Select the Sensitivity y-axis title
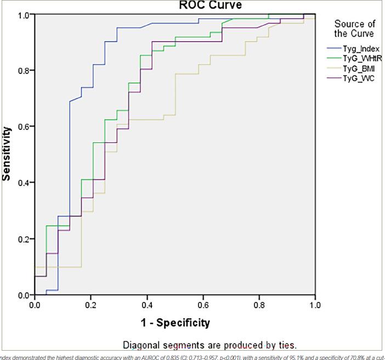8,154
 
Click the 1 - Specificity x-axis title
174,322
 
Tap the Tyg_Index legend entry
361,49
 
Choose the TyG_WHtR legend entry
363,59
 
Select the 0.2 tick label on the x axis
90,304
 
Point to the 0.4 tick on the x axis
146,304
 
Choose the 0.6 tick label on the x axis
202,304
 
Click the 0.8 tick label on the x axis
258,304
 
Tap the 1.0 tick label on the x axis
314,304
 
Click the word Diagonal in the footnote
143,345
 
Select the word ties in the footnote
285,345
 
